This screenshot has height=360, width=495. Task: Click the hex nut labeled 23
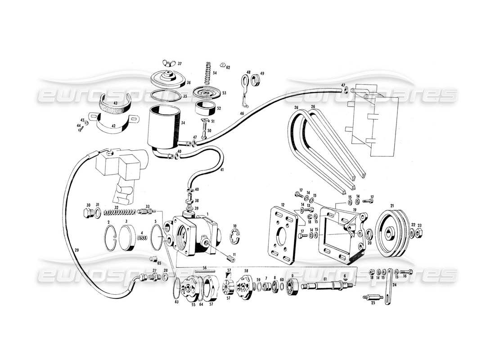pyautogui.click(x=418, y=233)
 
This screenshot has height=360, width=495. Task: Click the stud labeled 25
pyautogui.click(x=373, y=298)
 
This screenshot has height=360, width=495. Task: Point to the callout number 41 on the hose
pyautogui.click(x=222, y=169)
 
